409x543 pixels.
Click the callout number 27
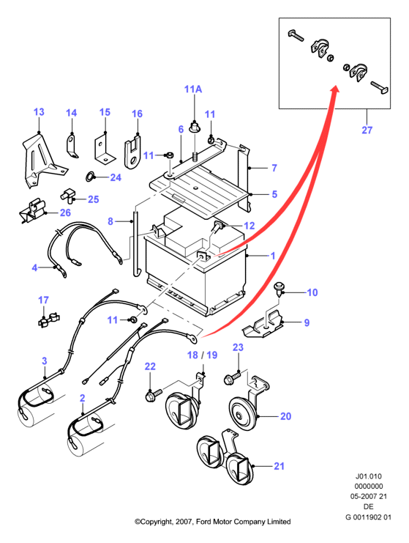click(367, 130)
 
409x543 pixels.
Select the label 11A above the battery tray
click(193, 89)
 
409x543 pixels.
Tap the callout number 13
click(39, 112)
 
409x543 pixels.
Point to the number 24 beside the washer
click(116, 177)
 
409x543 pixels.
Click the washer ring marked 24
click(89, 177)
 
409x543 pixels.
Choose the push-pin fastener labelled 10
click(278, 289)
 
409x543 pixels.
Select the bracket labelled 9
click(263, 325)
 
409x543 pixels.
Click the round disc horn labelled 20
click(244, 414)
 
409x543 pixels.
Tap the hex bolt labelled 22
click(153, 394)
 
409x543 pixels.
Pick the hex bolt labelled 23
click(233, 378)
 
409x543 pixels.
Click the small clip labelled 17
click(48, 320)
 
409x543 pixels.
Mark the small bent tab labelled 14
click(71, 145)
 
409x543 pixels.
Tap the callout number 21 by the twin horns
click(279, 466)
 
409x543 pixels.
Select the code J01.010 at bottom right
click(369, 476)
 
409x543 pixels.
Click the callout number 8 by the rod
click(110, 221)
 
